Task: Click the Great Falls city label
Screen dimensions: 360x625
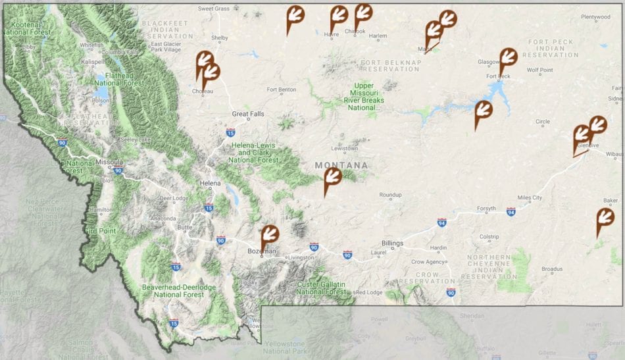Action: pyautogui.click(x=248, y=114)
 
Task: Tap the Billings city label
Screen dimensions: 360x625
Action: pyautogui.click(x=392, y=243)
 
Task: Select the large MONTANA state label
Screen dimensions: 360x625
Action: pyautogui.click(x=341, y=165)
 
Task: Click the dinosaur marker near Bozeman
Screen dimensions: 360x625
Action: pyautogui.click(x=270, y=235)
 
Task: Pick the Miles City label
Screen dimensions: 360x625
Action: pyautogui.click(x=529, y=197)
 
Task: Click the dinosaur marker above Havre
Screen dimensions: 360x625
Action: pyautogui.click(x=339, y=14)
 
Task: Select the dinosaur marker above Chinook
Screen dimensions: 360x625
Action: pyautogui.click(x=362, y=13)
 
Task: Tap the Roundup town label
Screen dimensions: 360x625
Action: pyautogui.click(x=390, y=195)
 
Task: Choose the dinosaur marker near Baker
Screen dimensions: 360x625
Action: pyautogui.click(x=605, y=218)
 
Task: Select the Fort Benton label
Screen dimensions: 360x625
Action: pyautogui.click(x=282, y=90)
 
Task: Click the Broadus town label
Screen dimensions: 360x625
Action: pyautogui.click(x=552, y=269)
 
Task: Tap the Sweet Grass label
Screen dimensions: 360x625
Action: pyautogui.click(x=214, y=9)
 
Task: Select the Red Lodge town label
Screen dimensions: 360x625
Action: pyautogui.click(x=369, y=292)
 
